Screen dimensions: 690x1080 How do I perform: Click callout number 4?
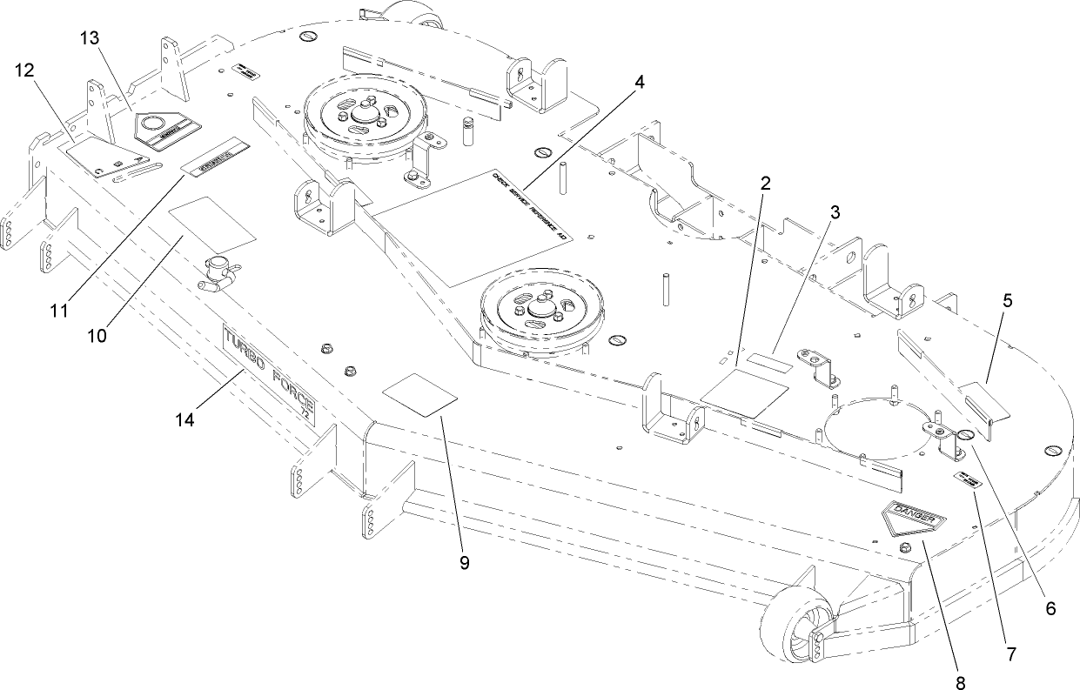pos(639,83)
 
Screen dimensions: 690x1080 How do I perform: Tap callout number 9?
pos(464,563)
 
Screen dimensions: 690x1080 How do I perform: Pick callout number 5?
pos(1007,302)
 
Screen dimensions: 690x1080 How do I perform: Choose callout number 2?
pos(766,184)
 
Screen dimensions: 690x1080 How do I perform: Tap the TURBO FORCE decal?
pos(270,374)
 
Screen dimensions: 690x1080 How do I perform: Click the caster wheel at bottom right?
pos(794,631)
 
